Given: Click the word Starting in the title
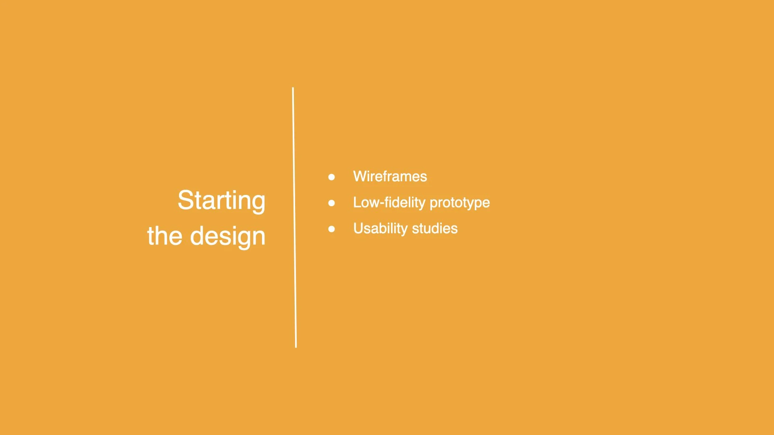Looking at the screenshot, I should click(x=221, y=200).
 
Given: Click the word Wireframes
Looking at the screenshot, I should click(x=390, y=176).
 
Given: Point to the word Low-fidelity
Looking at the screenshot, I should click(x=389, y=202).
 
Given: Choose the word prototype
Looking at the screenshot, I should click(x=460, y=203).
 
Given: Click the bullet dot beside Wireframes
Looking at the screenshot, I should click(x=331, y=177).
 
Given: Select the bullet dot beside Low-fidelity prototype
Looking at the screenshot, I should click(x=331, y=203).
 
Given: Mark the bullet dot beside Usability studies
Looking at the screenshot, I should click(x=331, y=229).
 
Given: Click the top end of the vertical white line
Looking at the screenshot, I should click(x=293, y=89).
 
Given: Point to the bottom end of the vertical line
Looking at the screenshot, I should click(x=296, y=346).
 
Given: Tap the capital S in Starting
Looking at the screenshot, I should click(x=186, y=200).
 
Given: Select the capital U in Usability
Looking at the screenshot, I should click(x=358, y=228).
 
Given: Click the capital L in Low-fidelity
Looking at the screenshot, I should click(x=357, y=202).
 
